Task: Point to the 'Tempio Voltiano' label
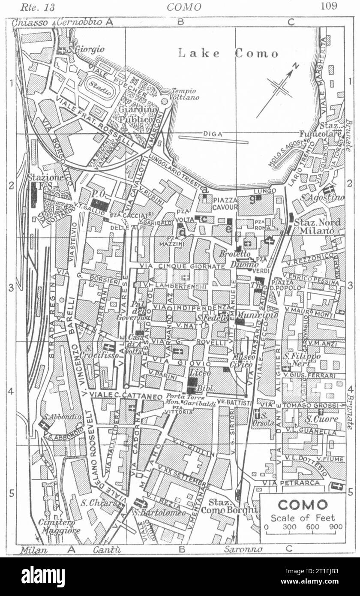(185, 94)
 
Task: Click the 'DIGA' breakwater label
(213, 134)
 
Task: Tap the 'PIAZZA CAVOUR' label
(225, 204)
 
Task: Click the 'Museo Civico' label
(242, 361)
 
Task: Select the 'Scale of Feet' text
(303, 518)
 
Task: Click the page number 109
(328, 6)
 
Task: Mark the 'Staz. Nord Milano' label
(315, 226)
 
